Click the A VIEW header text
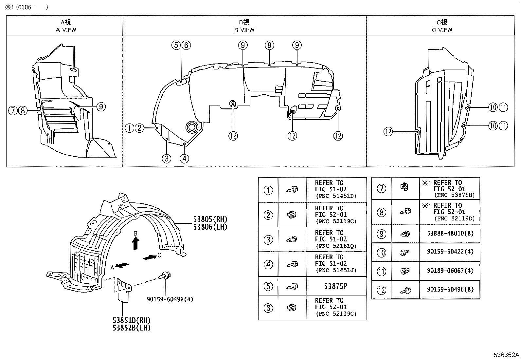coord(66,30)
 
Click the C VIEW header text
coord(442,30)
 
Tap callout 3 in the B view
coord(167,159)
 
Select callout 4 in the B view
coord(184,159)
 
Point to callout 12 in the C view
coord(388,132)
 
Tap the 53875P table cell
coord(335,286)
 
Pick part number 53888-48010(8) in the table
coord(450,234)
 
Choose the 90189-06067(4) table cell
coord(450,271)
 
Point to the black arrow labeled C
coord(150,258)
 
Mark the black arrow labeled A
coord(121,265)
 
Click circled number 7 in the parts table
coord(382,188)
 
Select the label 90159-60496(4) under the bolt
coord(170,299)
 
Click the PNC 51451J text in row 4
coord(336,270)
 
